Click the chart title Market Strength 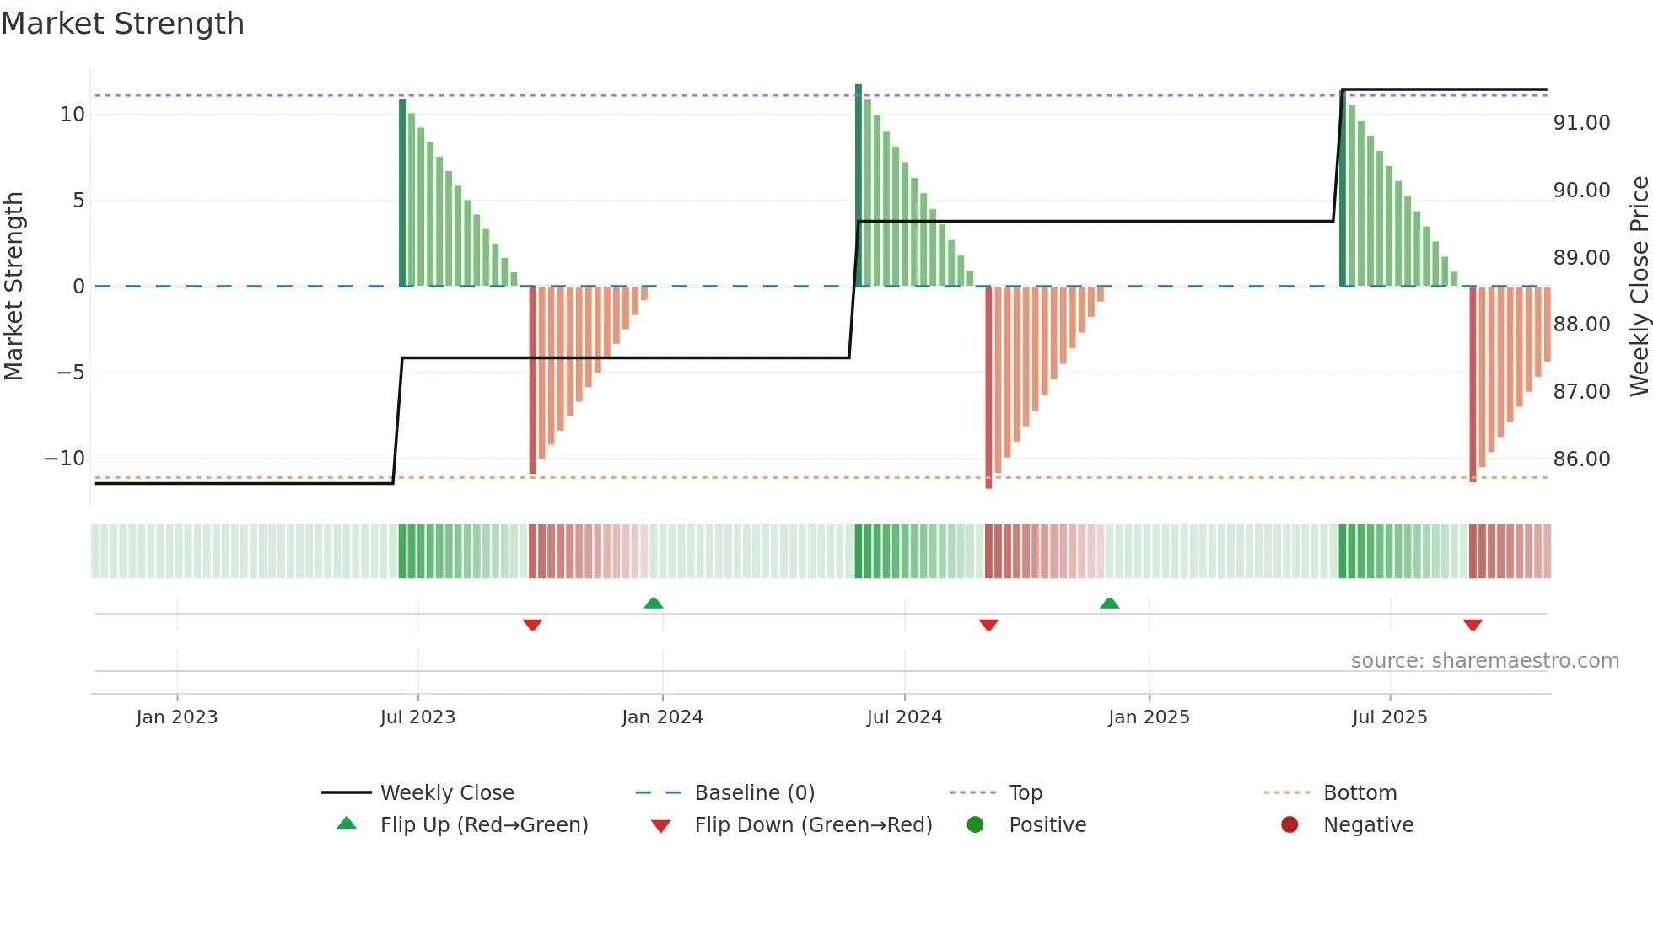(x=122, y=24)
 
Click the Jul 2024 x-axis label (x=904, y=717)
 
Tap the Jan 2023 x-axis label (x=177, y=717)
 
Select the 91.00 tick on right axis (x=1581, y=123)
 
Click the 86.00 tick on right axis (x=1581, y=459)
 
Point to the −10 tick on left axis (x=65, y=459)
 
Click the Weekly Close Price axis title (x=1639, y=287)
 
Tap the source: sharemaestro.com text (x=1484, y=661)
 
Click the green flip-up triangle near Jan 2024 (x=654, y=603)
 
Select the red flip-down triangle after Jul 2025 (x=1473, y=625)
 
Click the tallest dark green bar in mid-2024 (x=859, y=185)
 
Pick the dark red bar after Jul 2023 (x=532, y=379)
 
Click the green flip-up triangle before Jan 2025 (x=1110, y=603)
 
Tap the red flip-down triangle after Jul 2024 (x=988, y=625)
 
